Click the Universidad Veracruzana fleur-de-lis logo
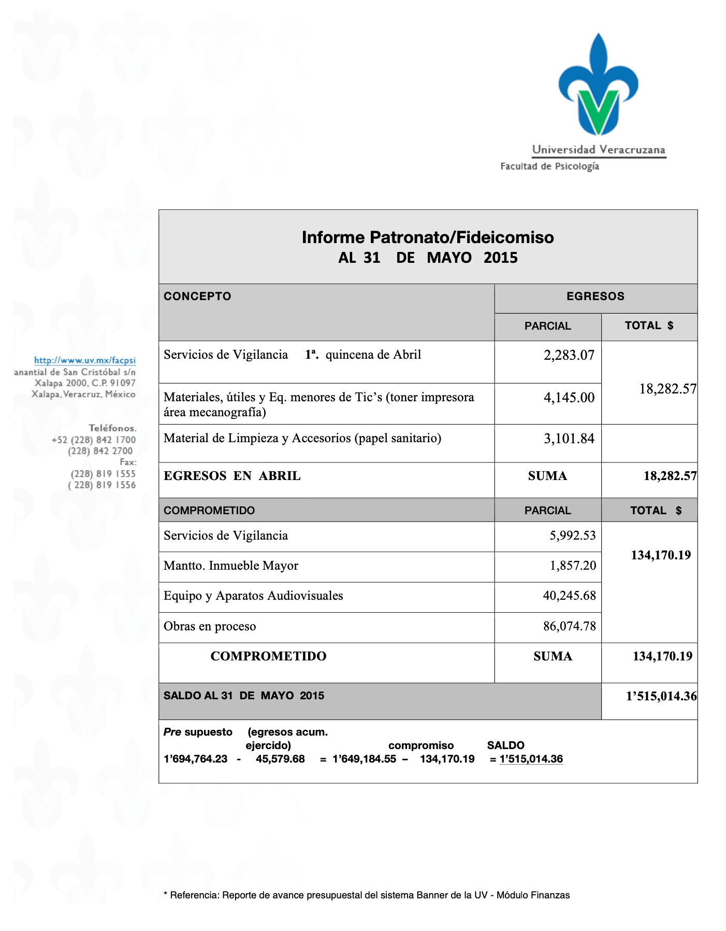598,86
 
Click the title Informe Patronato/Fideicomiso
428,237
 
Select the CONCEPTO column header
197,297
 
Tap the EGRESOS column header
596,297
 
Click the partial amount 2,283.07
569,356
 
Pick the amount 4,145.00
569,398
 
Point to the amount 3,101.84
569,439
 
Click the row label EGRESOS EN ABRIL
232,476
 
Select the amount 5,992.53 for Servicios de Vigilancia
572,535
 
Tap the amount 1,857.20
573,566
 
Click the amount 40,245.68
569,596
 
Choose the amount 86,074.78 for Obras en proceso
569,626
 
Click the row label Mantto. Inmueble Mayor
231,566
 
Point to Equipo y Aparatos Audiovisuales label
253,596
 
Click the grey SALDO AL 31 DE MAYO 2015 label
244,696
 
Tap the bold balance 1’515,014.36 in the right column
661,696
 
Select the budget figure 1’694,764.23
195,759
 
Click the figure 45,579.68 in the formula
280,759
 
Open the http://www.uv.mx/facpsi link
85,360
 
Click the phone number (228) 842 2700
100,451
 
